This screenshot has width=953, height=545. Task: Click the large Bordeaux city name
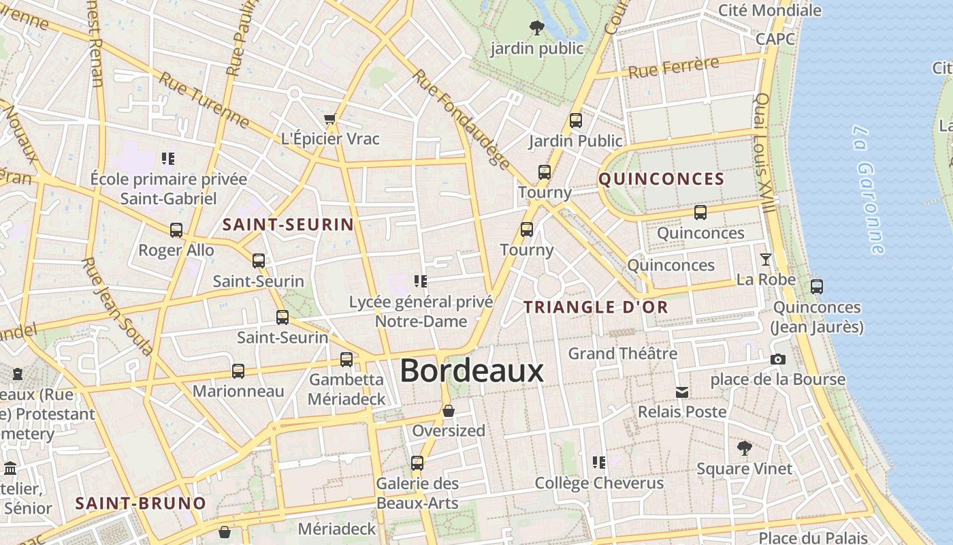[x=472, y=371]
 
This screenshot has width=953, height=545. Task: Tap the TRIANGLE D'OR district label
[x=596, y=307]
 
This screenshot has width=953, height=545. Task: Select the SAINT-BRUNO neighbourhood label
[x=140, y=503]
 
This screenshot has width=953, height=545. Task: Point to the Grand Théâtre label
[x=622, y=354]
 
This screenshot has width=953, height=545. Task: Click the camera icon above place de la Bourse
[x=777, y=359]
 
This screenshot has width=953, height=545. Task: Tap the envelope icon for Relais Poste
[x=681, y=392]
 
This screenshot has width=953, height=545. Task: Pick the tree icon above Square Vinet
[x=744, y=448]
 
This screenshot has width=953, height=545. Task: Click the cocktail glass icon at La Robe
[x=766, y=260]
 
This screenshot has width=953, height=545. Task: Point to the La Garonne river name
[x=869, y=190]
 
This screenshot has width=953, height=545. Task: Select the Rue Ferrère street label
[x=673, y=67]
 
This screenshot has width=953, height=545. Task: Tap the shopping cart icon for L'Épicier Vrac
[x=330, y=119]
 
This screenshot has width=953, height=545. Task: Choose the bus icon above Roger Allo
[x=176, y=230]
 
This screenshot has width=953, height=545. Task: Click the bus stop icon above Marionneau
[x=238, y=371]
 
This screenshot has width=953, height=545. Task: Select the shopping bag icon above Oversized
[x=448, y=411]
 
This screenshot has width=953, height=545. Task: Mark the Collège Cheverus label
[x=599, y=483]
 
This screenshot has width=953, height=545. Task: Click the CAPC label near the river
[x=775, y=39]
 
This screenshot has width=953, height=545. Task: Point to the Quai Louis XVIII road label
[x=764, y=153]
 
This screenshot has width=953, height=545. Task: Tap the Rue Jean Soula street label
[x=116, y=306]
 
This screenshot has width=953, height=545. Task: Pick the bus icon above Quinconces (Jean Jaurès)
[x=816, y=287]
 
